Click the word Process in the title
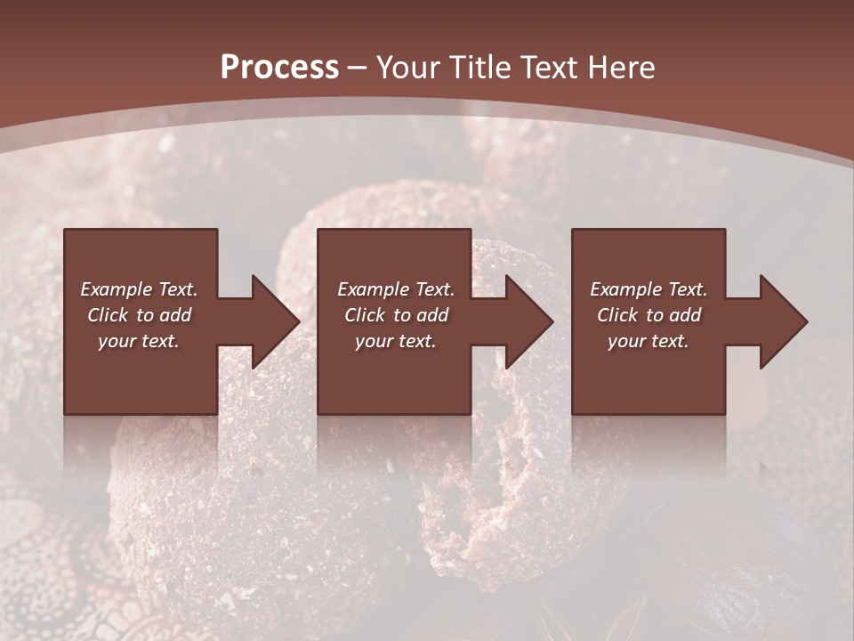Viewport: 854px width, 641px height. pyautogui.click(x=279, y=68)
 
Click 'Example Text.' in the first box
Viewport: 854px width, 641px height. pyautogui.click(x=139, y=289)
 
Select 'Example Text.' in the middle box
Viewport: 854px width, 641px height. pyautogui.click(x=396, y=289)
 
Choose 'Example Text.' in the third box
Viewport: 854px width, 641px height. pyautogui.click(x=649, y=289)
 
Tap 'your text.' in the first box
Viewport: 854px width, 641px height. pyautogui.click(x=139, y=341)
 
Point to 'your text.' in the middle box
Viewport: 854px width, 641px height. pyautogui.click(x=396, y=341)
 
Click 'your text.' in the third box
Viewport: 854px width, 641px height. pyautogui.click(x=649, y=341)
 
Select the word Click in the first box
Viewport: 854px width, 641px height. pyautogui.click(x=109, y=315)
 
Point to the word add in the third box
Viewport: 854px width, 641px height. pyautogui.click(x=685, y=315)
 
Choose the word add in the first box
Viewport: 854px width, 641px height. pyautogui.click(x=175, y=315)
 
